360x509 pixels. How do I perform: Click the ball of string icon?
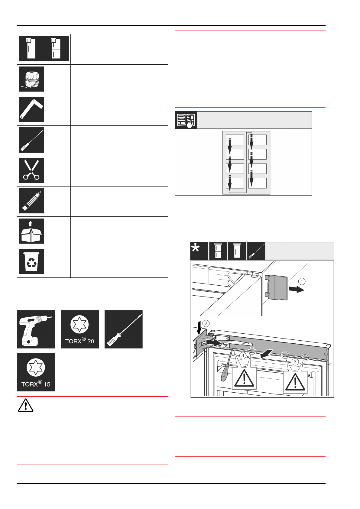[31, 79]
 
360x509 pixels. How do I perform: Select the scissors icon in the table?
[31, 170]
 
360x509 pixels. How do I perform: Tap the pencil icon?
[31, 201]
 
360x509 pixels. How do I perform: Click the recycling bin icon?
[31, 261]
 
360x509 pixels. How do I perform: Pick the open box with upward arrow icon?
[31, 231]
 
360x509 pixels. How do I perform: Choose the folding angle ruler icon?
[31, 109]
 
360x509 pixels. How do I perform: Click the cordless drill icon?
[36, 329]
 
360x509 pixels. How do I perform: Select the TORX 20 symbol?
[80, 329]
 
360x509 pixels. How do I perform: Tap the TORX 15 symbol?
[36, 372]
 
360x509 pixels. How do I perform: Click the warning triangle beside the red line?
[26, 405]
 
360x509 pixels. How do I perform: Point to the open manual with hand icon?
[186, 120]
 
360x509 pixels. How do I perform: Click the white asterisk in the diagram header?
[196, 249]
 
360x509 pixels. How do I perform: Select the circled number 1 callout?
[302, 281]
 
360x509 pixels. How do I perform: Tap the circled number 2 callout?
[206, 323]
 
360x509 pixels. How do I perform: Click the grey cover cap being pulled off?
[277, 287]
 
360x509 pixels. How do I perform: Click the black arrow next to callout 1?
[296, 290]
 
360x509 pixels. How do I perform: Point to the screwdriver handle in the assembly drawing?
[225, 373]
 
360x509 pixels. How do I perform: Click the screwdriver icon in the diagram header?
[256, 251]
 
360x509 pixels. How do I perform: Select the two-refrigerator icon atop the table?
[44, 49]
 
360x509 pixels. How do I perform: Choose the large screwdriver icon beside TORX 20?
[123, 329]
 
